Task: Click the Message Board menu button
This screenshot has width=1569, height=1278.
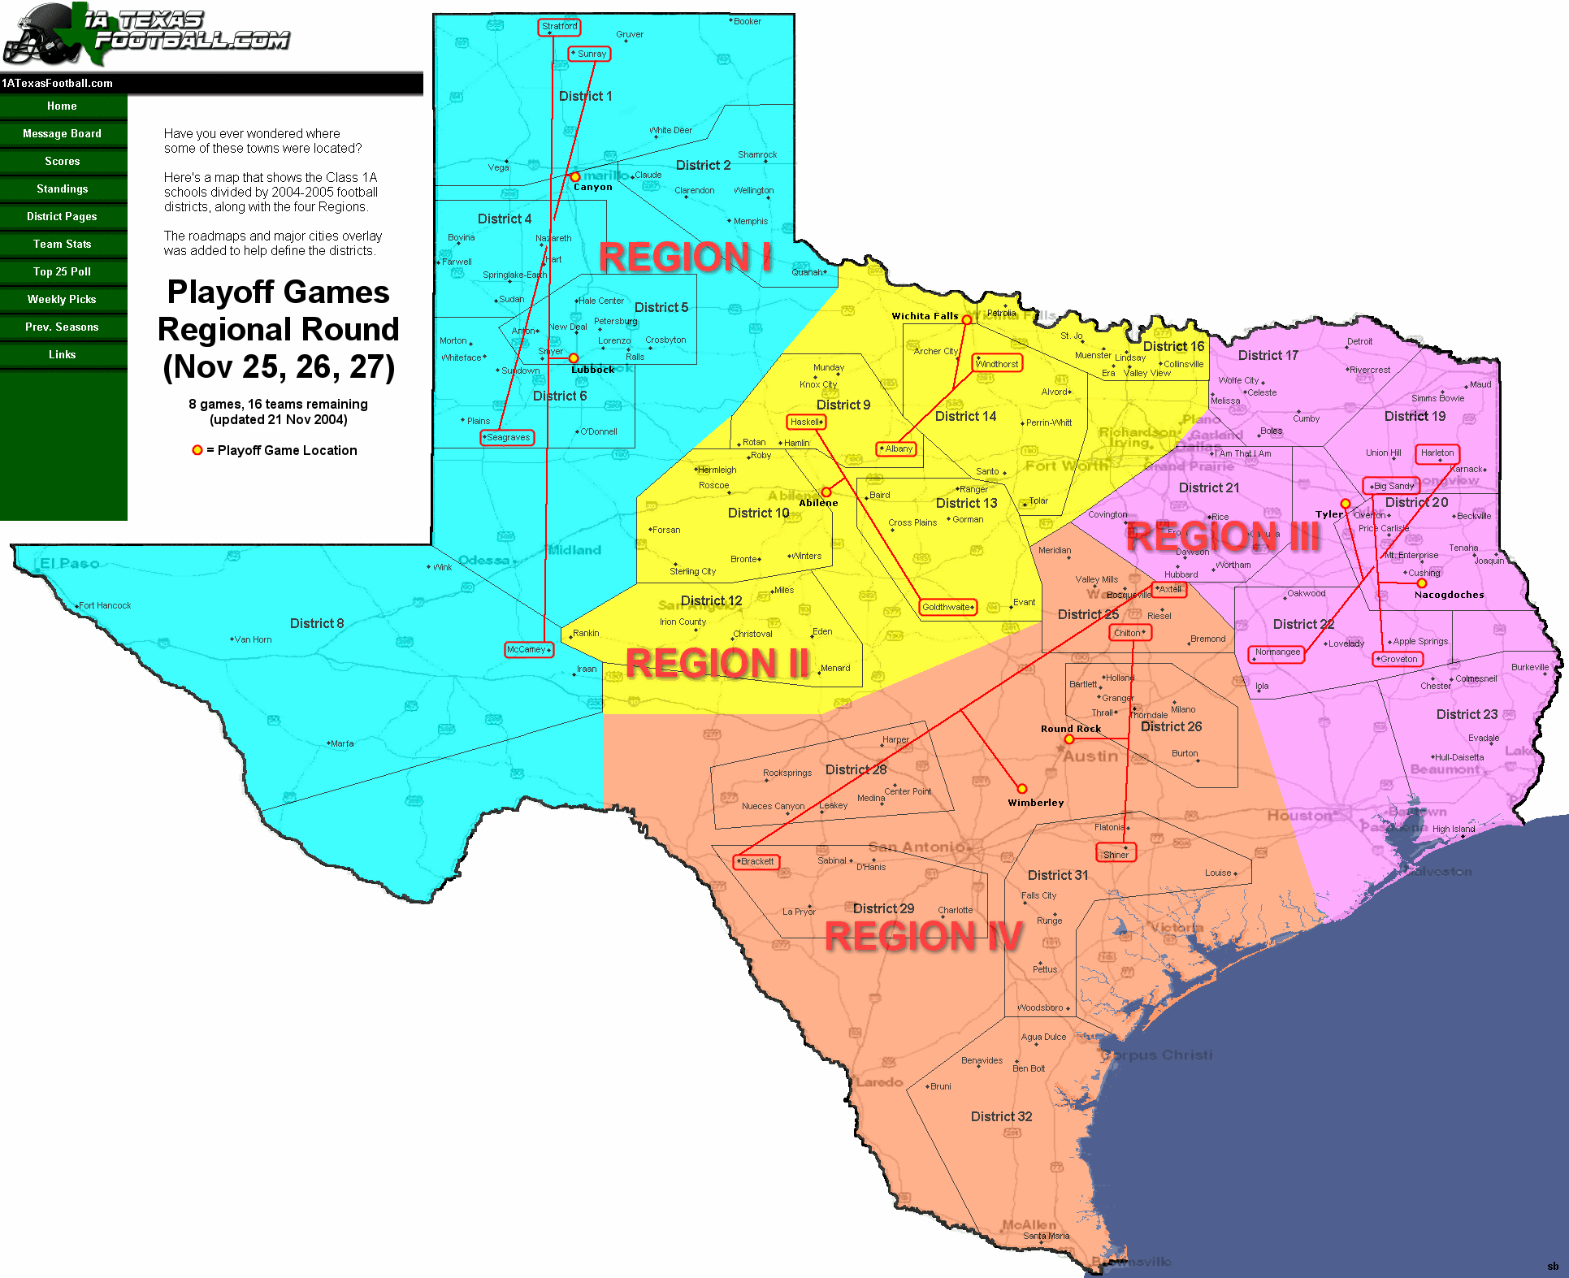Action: [x=63, y=134]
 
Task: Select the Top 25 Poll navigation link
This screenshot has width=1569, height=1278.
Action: [x=63, y=272]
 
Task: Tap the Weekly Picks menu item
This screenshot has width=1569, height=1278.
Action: [x=63, y=300]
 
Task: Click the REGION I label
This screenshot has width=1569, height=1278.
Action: [x=685, y=258]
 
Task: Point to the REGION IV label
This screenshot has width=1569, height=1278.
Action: [x=923, y=936]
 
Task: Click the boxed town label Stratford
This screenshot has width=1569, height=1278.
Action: [x=560, y=27]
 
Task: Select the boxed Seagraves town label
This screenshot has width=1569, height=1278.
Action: [x=508, y=438]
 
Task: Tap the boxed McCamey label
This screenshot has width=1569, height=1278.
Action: [x=528, y=650]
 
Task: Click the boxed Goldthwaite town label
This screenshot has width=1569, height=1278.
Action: [x=947, y=608]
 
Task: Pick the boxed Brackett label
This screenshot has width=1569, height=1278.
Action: [x=756, y=862]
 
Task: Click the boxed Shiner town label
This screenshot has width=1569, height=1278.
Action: [x=1116, y=855]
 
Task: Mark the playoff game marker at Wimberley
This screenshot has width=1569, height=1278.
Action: [x=1022, y=789]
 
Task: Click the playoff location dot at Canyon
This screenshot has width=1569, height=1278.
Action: [x=574, y=177]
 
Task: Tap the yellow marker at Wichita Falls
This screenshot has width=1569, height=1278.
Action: [x=966, y=320]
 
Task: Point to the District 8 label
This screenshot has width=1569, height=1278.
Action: [x=317, y=624]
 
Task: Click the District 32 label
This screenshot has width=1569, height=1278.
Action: [x=1001, y=1117]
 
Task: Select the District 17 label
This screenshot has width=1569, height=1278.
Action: [x=1268, y=356]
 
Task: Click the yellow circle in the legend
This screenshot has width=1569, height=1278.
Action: [x=197, y=450]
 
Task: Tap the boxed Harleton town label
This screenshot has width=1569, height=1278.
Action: [x=1437, y=453]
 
